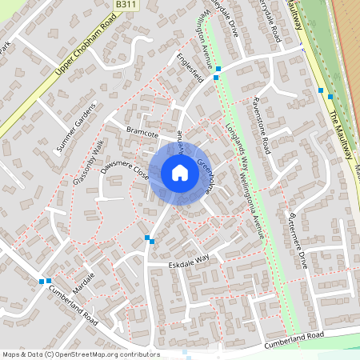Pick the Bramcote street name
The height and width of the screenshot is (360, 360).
click(x=142, y=134)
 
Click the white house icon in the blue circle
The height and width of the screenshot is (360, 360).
click(x=179, y=173)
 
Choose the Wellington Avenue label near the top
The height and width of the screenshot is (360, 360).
click(x=206, y=36)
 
